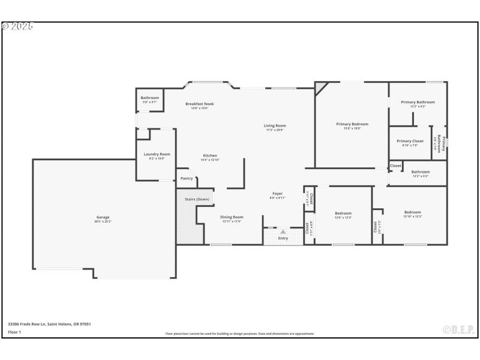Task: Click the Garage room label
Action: tap(103, 217)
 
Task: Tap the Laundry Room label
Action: tap(157, 154)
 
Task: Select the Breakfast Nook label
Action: tap(199, 104)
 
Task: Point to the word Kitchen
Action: tap(209, 155)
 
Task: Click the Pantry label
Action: tap(187, 178)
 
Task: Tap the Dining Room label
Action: tap(231, 217)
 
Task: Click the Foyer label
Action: tap(277, 194)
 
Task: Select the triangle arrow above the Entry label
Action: tap(283, 231)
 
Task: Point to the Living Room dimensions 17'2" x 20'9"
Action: tap(275, 130)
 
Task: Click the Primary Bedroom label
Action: tap(352, 124)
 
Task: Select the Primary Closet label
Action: tap(410, 141)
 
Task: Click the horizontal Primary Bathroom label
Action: tap(418, 102)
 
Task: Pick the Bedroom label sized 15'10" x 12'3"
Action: tap(412, 212)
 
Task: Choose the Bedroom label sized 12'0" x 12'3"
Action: tap(343, 213)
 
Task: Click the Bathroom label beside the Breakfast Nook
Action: tap(150, 98)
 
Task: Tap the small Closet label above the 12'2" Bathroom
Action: tap(396, 166)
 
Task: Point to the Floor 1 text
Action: tap(14, 332)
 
